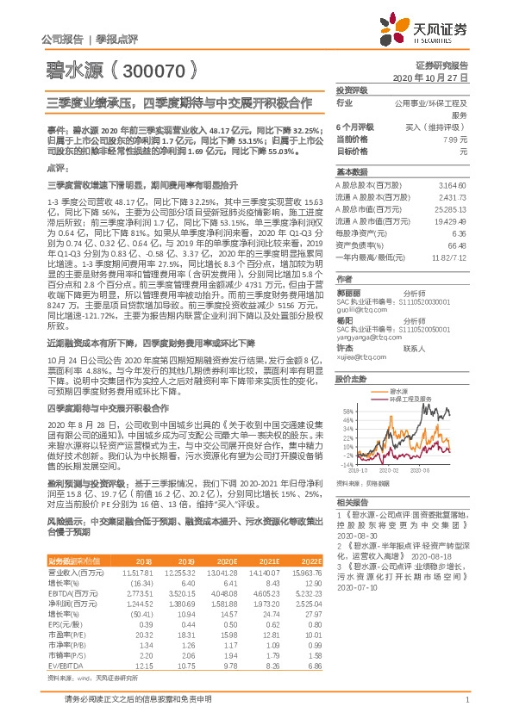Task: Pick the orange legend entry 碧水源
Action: coord(393,390)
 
